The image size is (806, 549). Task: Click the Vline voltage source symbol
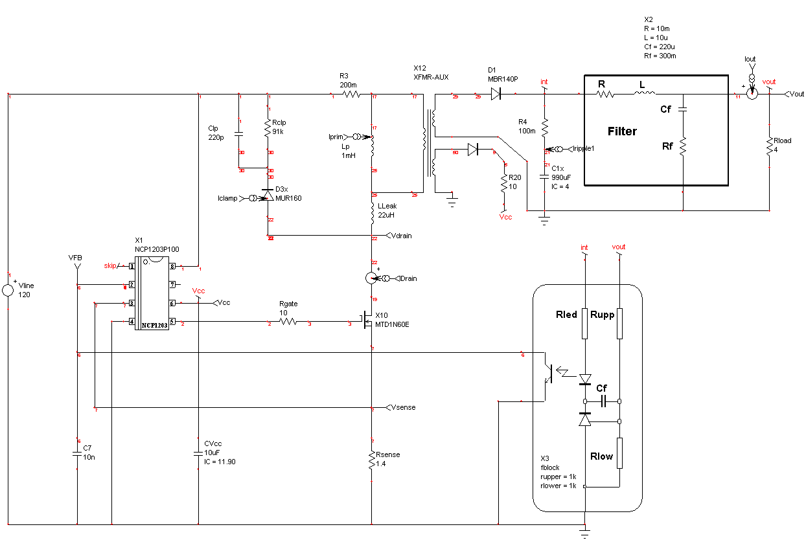(x=8, y=289)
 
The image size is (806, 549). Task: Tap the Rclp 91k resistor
(x=268, y=128)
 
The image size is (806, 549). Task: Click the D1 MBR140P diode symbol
(x=496, y=95)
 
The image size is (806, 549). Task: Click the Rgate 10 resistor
(x=288, y=321)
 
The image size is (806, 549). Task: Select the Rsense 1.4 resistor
(x=372, y=460)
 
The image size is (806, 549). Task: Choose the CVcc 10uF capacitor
(x=198, y=454)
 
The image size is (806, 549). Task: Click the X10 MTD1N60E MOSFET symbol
(x=365, y=320)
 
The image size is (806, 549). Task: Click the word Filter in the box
(x=622, y=131)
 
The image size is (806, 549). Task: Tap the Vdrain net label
(x=402, y=236)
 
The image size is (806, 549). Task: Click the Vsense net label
(x=404, y=407)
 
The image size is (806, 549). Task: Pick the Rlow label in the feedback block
(x=601, y=456)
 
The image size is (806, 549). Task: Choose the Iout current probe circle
(x=752, y=95)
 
